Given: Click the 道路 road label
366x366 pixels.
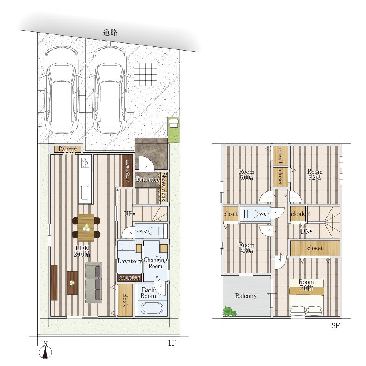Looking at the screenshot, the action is click(x=110, y=33).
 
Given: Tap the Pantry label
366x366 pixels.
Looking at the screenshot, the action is click(x=67, y=149).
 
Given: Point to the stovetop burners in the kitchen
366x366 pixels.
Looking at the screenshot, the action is click(x=85, y=163).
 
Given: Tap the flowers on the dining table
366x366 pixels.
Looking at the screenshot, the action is click(x=86, y=227).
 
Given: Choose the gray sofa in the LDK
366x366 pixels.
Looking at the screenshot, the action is click(x=94, y=283).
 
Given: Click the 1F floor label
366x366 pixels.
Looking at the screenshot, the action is click(x=172, y=343).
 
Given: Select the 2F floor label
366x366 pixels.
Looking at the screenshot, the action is click(x=335, y=326).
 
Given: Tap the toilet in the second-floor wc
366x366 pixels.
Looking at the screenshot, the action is click(x=250, y=214).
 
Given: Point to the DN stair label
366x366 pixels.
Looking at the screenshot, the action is click(x=305, y=231).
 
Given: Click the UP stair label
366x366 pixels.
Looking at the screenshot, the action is click(x=128, y=214).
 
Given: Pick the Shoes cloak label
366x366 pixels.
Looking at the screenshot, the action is click(x=164, y=187).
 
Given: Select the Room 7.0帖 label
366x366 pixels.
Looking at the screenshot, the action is click(x=306, y=285).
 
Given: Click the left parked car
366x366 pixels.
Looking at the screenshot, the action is click(x=61, y=90).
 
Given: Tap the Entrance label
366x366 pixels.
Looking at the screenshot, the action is click(x=148, y=179).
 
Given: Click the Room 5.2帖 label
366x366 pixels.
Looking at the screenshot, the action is click(x=315, y=175).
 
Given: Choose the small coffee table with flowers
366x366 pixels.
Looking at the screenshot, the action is click(x=72, y=283).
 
